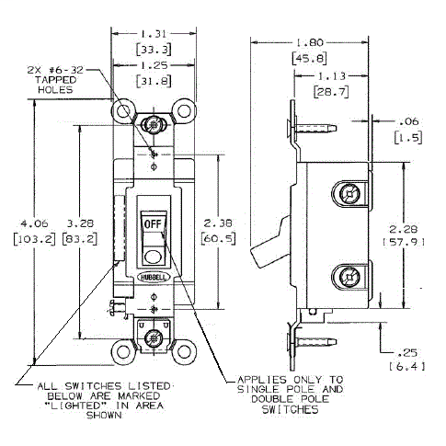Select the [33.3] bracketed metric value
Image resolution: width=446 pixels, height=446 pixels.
(153, 48)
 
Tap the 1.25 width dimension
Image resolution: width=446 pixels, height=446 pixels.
(153, 67)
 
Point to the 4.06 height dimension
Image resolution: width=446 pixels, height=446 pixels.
(19, 223)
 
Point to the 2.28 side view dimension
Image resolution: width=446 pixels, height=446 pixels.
(406, 229)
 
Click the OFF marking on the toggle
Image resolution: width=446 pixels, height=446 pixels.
(152, 223)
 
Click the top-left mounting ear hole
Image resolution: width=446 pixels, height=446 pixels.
(121, 110)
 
